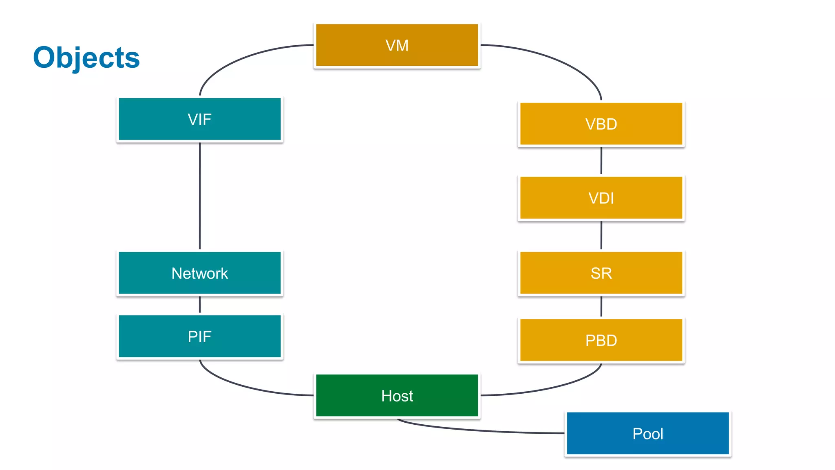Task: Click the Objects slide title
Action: [x=86, y=58]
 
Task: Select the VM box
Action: [x=397, y=45]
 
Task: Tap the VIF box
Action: [x=199, y=119]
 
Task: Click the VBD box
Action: [x=601, y=124]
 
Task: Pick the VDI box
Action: [x=601, y=198]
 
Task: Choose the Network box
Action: [x=199, y=273]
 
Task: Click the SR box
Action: [x=601, y=273]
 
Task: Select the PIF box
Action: [x=199, y=337]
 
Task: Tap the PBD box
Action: [x=601, y=340]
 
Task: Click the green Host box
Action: [x=397, y=396]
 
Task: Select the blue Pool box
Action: [x=647, y=433]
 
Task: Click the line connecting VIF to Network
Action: [x=200, y=196]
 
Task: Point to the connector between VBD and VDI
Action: [x=601, y=161]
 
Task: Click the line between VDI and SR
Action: [x=601, y=235]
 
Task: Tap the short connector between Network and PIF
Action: [x=200, y=305]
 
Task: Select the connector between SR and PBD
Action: [x=601, y=306]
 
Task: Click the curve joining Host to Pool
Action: [x=481, y=430]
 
